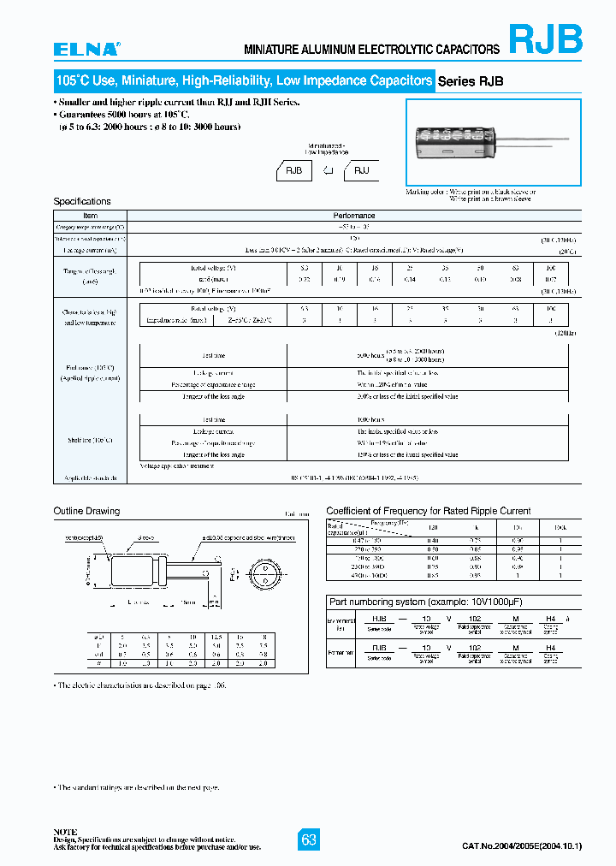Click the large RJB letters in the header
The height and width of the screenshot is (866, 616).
coord(546,39)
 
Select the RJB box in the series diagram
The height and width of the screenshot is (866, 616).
coord(293,170)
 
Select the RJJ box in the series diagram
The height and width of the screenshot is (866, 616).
coord(361,170)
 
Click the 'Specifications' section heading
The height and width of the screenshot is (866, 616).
coord(82,201)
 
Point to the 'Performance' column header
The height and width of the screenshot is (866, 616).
coord(353,216)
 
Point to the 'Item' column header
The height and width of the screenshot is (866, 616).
coord(90,216)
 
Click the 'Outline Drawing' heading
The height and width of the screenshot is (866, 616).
coord(86,511)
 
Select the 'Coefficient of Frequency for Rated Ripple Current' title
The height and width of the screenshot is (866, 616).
coord(429,511)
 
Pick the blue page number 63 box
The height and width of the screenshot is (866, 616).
coord(309,839)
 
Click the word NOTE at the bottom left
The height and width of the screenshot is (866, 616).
coord(65,831)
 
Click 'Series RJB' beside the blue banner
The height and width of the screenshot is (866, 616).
coord(471,81)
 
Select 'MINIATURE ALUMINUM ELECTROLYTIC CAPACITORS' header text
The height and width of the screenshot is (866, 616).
coord(372,50)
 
